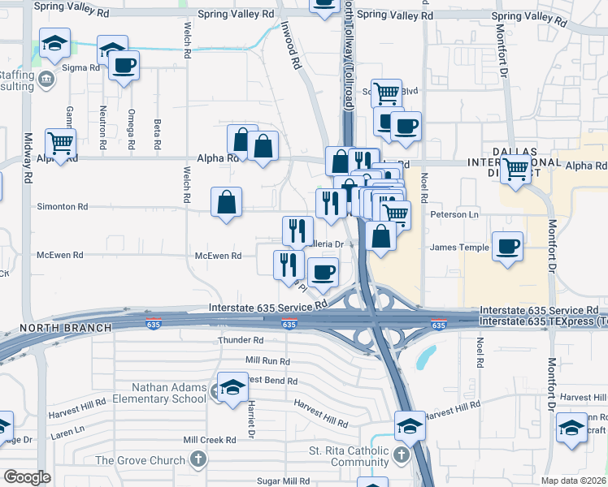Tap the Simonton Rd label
coord(62,207)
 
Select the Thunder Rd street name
coord(241,341)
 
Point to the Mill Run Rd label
coord(267,360)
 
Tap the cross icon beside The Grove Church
coord(198,460)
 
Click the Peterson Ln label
coord(454,215)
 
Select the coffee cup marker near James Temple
coord(508,246)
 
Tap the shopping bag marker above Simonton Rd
coord(227,202)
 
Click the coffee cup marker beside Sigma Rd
coord(124,66)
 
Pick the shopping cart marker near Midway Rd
coord(61,144)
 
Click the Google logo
coord(27,477)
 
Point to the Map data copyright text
coord(573,480)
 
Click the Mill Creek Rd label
coord(209,440)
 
